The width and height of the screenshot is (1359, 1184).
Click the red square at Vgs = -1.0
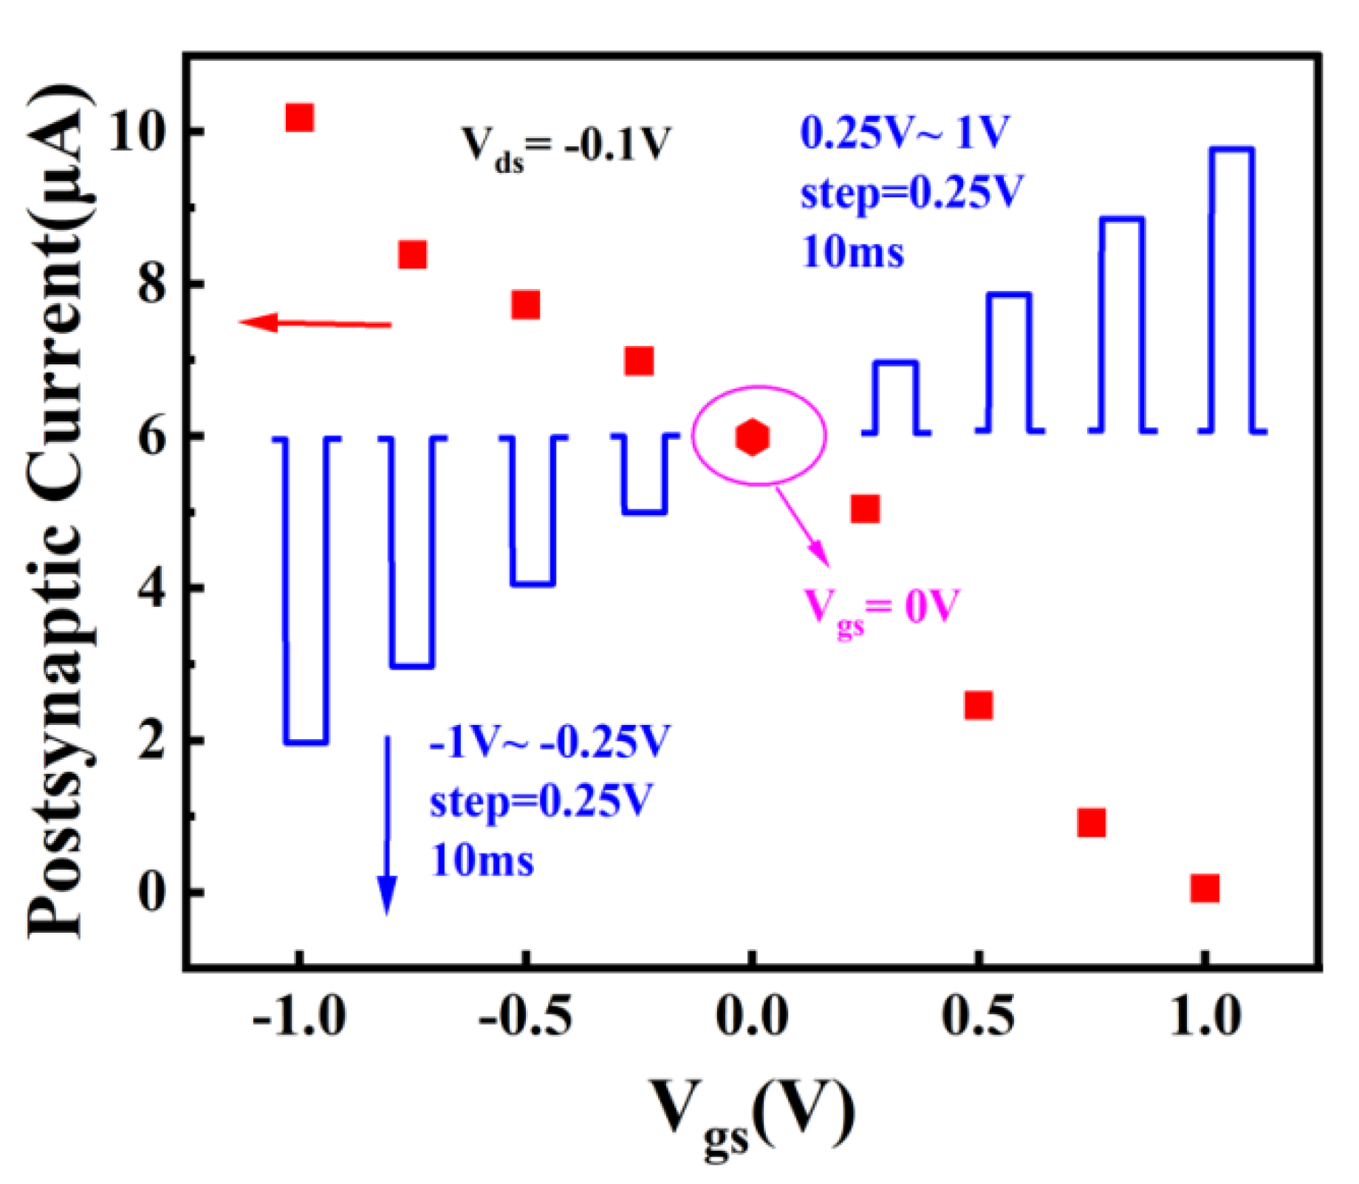click(x=299, y=117)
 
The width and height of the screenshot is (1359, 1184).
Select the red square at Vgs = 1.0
click(x=1205, y=887)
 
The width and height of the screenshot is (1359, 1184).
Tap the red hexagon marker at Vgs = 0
click(x=752, y=437)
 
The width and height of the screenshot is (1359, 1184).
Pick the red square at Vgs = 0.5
click(x=978, y=705)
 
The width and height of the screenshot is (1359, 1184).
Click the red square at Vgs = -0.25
click(x=639, y=361)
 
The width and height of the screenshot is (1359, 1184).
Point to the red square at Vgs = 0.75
click(x=1092, y=822)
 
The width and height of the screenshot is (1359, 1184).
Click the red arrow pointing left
click(x=314, y=323)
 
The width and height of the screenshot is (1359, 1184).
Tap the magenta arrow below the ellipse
click(x=801, y=526)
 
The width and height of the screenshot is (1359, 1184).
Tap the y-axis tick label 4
click(x=151, y=589)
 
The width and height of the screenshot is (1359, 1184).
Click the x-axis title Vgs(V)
click(x=752, y=1112)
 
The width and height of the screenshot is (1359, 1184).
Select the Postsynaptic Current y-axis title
click(x=61, y=510)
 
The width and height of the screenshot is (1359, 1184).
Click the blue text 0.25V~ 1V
click(x=904, y=134)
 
